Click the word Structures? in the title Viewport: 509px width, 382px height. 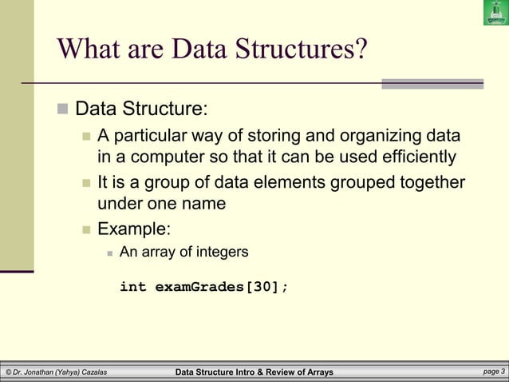[x=300, y=50]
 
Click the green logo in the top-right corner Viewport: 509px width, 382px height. [x=495, y=13]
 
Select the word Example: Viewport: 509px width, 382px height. [x=133, y=229]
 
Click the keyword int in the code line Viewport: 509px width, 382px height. [x=132, y=287]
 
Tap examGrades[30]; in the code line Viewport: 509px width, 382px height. [x=221, y=287]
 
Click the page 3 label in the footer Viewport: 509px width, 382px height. [x=494, y=372]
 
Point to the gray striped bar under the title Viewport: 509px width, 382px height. [x=432, y=83]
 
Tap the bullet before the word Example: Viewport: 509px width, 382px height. [x=87, y=230]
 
